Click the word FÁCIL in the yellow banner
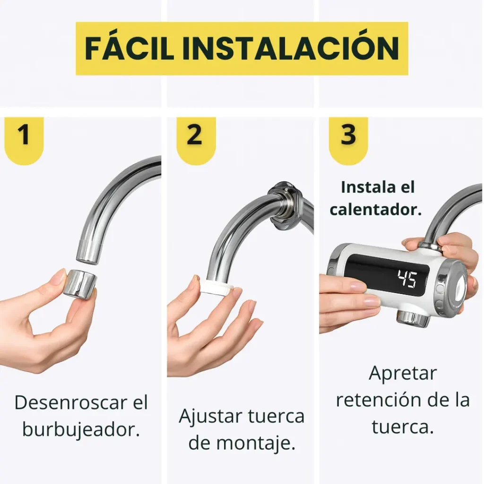pyautogui.click(x=130, y=49)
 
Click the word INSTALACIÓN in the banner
pyautogui.click(x=291, y=49)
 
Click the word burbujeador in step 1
pyautogui.click(x=81, y=429)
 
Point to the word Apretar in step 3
pyautogui.click(x=403, y=373)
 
